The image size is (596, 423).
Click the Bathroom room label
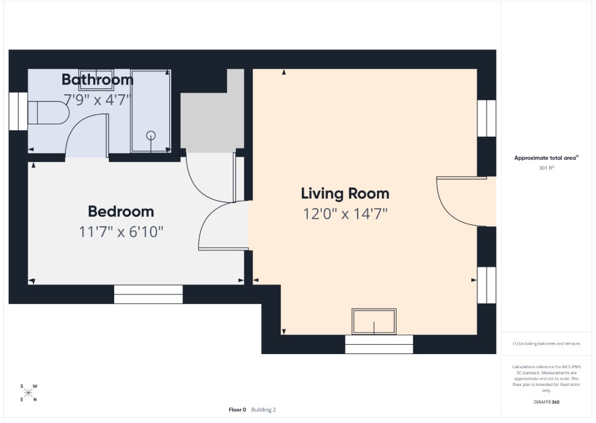point(97,80)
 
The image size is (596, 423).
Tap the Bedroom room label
point(121,211)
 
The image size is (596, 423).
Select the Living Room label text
point(345,193)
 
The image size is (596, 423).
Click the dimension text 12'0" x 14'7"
point(345,214)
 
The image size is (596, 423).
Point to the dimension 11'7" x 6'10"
point(121,232)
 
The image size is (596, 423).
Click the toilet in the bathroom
point(49,113)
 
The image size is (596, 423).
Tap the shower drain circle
point(151,135)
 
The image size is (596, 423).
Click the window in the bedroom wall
point(148,295)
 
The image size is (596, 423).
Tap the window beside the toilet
point(18,111)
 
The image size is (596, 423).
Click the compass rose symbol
point(28,393)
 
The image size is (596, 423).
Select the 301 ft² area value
point(546,167)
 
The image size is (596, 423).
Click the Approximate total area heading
point(546,158)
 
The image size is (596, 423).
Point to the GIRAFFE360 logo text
point(546,402)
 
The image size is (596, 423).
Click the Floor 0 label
point(237,409)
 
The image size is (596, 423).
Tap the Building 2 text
point(264,409)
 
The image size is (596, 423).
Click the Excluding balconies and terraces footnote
point(546,343)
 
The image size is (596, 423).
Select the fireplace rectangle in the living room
point(374,322)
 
